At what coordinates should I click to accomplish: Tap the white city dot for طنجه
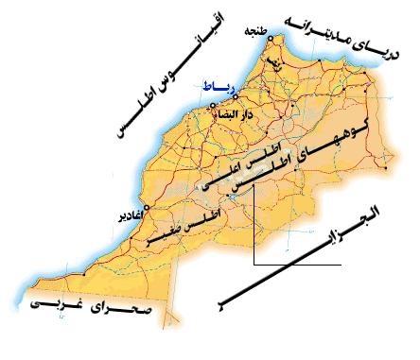click(271, 39)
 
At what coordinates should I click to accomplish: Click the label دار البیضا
click(227, 116)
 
